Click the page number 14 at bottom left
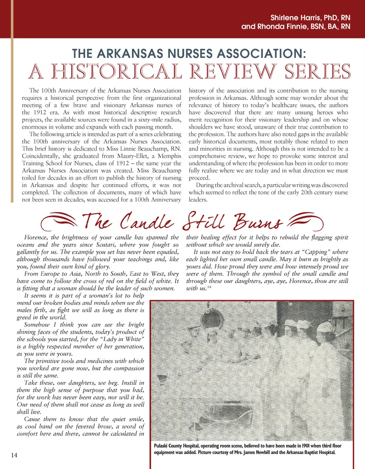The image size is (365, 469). (14, 455)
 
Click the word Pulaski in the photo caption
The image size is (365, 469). (162, 446)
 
